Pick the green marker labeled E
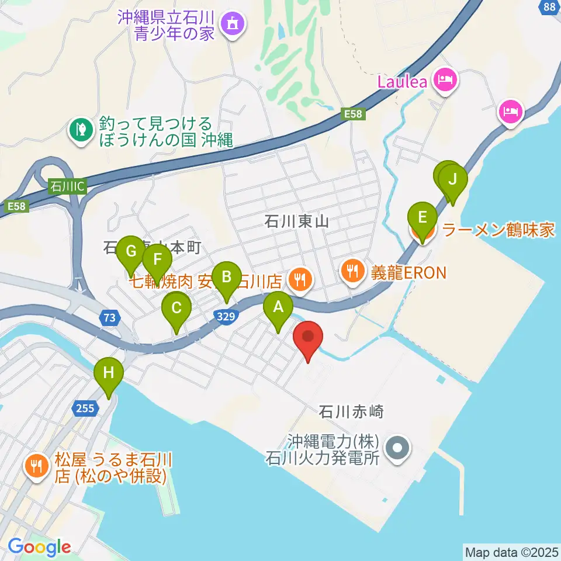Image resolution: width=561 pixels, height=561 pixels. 422,217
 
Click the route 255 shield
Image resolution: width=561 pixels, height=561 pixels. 85,408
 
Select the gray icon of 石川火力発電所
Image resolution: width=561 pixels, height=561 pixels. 399,449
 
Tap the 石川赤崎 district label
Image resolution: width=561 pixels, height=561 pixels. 351,412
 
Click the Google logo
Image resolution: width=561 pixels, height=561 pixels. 39,546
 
